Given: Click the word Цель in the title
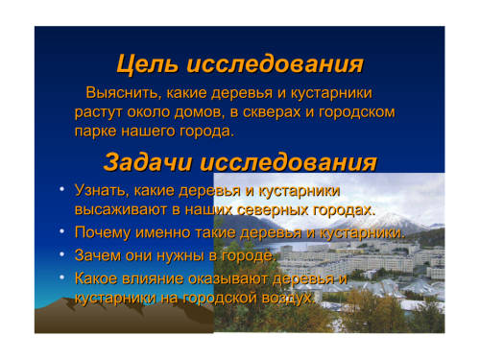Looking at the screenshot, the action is pos(148,64).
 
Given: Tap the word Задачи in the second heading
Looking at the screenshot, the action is pos(148,162).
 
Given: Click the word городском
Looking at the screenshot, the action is pos(357,112).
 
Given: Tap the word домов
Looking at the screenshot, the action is pos(199,112).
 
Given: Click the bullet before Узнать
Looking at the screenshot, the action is pos(62,189).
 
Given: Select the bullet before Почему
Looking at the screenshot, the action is pos(62,231).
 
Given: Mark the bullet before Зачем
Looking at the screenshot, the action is pos(62,254).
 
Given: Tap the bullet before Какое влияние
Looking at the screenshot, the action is pos(62,277).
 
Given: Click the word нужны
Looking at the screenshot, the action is pos(180,255).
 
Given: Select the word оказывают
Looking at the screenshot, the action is pos(228,278).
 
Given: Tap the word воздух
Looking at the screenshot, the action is pos(289,299).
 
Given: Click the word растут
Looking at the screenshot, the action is pos(99,113).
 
